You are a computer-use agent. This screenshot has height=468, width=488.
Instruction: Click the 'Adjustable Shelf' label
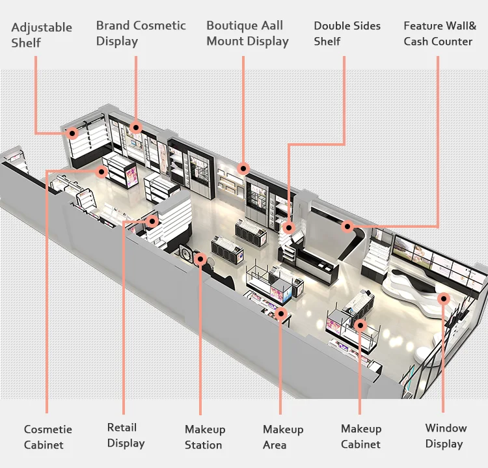(x=42, y=35)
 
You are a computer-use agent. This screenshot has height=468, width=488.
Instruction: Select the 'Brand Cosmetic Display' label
(x=141, y=33)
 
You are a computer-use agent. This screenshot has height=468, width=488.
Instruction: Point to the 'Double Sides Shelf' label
(x=347, y=33)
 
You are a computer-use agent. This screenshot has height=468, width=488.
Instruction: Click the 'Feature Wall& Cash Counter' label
(x=440, y=33)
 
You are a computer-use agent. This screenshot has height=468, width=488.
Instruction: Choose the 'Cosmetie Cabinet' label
(x=48, y=437)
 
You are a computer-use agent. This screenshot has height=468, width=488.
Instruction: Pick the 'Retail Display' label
(x=126, y=435)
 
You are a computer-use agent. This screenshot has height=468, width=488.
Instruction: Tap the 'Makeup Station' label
(x=204, y=437)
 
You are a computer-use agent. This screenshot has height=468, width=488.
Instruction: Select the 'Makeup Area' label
(x=282, y=437)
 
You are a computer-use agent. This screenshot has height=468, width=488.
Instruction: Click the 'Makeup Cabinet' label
(x=360, y=436)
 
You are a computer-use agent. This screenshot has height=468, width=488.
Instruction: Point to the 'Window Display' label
(x=445, y=435)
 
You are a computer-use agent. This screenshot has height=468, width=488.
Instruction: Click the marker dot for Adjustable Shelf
(x=73, y=133)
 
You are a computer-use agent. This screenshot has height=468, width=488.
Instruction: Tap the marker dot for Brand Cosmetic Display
(x=136, y=127)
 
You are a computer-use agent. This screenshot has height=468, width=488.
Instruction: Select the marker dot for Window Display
(x=444, y=299)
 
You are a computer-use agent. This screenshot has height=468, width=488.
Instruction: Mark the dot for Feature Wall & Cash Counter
(x=347, y=227)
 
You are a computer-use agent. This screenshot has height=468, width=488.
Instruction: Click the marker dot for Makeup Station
(x=201, y=259)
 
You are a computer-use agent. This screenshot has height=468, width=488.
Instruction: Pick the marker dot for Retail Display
(x=152, y=221)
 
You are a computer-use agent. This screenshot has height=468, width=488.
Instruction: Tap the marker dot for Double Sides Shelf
(x=288, y=228)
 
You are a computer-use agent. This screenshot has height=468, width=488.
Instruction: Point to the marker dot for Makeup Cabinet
(x=360, y=323)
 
